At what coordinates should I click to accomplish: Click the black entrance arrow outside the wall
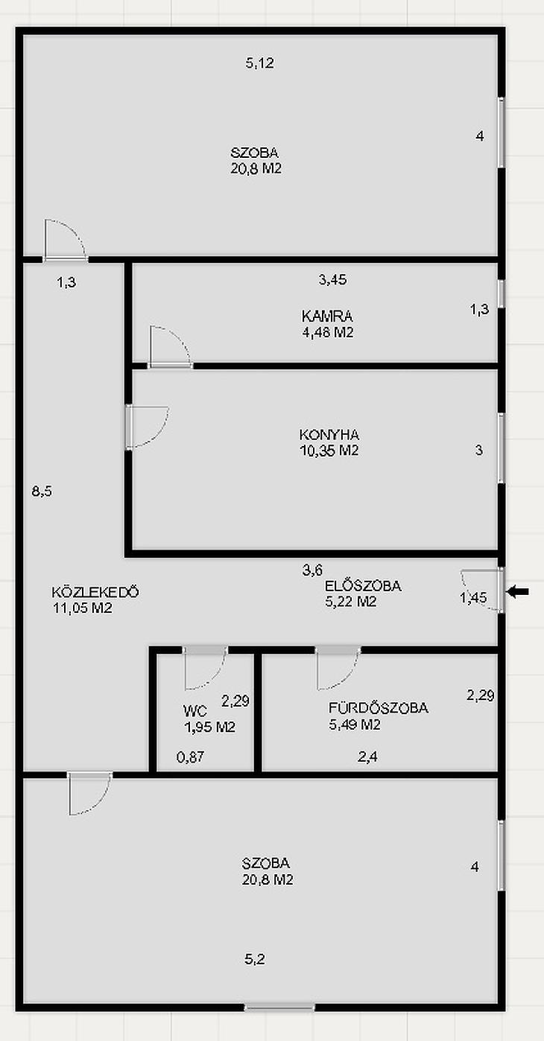[517, 591]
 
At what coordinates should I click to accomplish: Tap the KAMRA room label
[327, 316]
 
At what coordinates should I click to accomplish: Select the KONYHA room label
[329, 435]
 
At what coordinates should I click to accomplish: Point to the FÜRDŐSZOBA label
[379, 708]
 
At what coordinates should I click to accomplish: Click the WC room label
[195, 711]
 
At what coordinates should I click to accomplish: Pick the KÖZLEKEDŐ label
[95, 592]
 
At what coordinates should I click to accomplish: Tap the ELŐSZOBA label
[363, 585]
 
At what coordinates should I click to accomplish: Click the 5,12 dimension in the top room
[259, 63]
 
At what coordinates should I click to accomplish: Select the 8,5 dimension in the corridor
[42, 491]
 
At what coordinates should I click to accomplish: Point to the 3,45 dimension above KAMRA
[333, 280]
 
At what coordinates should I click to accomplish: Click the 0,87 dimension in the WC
[190, 757]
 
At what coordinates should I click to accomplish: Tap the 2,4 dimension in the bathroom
[367, 757]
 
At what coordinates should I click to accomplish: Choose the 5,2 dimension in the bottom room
[255, 959]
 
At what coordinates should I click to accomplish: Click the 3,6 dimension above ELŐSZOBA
[312, 570]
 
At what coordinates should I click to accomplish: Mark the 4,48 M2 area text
[328, 332]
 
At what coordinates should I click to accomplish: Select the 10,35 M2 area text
[329, 451]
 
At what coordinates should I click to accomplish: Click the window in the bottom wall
[280, 1007]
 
